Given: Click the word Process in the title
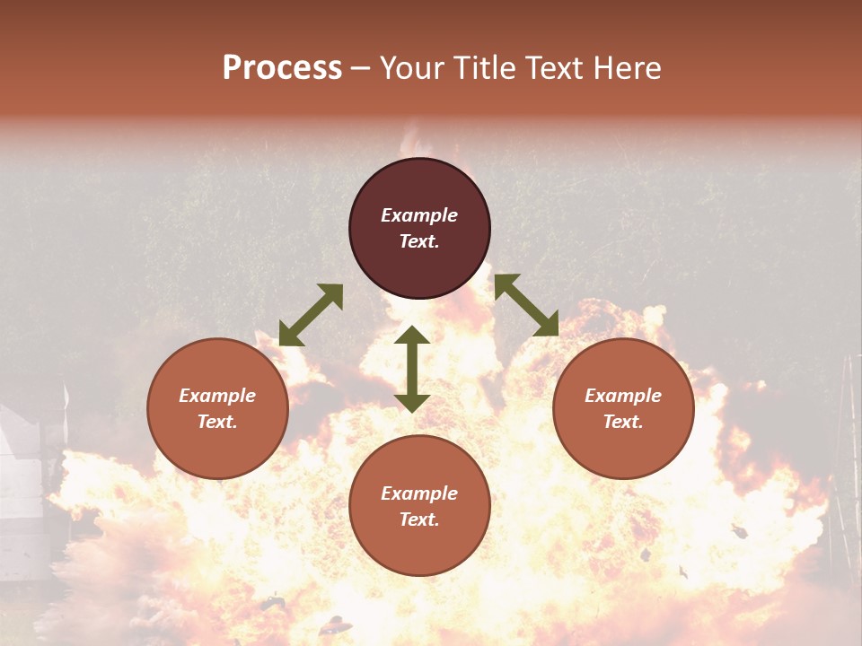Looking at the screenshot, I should (282, 68).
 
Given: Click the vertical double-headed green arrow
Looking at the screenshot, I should (412, 369).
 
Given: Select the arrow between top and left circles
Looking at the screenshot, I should (311, 315).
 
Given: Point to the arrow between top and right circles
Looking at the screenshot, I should (526, 305).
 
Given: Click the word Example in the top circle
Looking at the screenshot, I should (419, 215).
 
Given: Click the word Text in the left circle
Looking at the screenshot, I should (217, 422).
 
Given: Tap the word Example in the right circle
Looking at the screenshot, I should (623, 396).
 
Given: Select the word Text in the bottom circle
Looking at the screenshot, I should (419, 519).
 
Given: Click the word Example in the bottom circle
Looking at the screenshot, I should (419, 493).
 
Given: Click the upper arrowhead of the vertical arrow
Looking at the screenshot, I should (412, 335).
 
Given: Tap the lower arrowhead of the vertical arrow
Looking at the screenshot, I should (412, 403).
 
